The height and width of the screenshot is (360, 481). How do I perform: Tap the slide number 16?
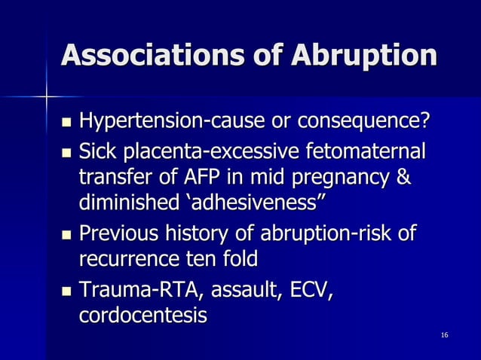coord(445,333)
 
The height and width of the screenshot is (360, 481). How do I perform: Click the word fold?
coord(240,261)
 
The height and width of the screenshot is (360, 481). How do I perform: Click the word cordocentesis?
coord(142,316)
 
